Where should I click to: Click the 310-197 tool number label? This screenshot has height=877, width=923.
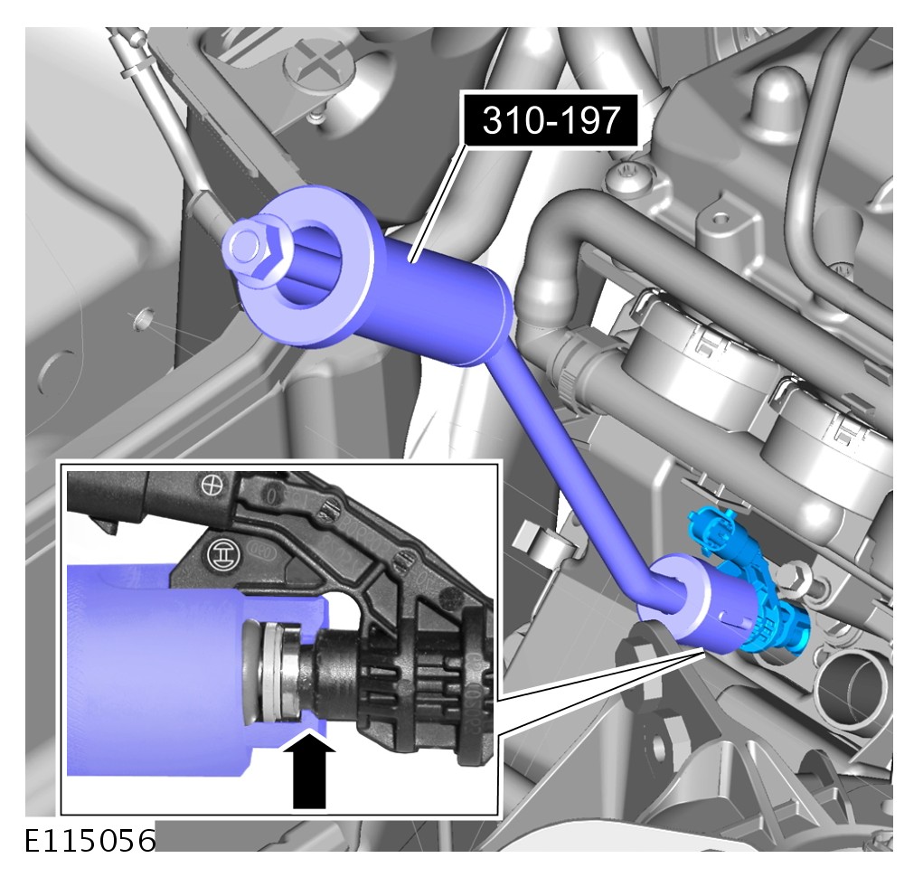coord(551,119)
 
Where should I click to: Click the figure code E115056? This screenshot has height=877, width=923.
coord(90,840)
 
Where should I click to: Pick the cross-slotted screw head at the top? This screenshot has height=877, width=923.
coord(320,65)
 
